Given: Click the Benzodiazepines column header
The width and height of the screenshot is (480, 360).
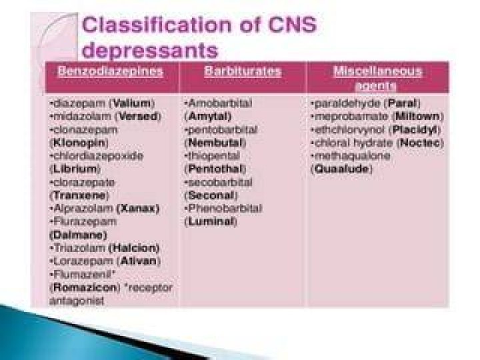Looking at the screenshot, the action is pos(110,71).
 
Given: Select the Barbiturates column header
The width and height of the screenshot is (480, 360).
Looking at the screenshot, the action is pos(243,71).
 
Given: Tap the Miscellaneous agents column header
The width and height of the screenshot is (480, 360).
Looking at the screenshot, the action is pos(377,78).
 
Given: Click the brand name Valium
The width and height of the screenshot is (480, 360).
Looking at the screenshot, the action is pos(132,103).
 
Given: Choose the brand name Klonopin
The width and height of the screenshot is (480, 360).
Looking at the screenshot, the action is pos(79,143).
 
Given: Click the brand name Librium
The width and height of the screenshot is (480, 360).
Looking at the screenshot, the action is pos(75,169).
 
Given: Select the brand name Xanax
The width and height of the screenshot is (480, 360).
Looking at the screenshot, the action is pos(138,209).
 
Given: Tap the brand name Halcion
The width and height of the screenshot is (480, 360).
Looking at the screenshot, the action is pos(134,248).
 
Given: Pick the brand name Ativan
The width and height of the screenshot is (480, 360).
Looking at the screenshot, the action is pos(139,261).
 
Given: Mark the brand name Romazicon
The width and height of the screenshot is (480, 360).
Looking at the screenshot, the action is pos(85,287).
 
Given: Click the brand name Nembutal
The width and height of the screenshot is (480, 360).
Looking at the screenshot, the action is pos(215,143).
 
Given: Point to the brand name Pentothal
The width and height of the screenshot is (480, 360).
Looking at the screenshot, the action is pos(215,169).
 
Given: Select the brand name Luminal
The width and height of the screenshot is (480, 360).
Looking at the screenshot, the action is pos(211,221).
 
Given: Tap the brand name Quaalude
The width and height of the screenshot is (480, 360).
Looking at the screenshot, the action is pos(341,169).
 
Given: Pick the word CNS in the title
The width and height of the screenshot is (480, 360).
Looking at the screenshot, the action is pos(293,25).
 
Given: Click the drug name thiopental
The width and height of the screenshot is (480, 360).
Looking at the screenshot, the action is pos(214,156).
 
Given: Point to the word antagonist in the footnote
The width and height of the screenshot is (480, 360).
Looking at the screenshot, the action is pos(77,301).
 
